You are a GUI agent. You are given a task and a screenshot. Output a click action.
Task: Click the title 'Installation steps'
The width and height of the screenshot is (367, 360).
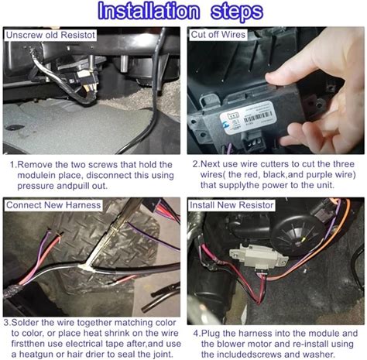coord(180,11)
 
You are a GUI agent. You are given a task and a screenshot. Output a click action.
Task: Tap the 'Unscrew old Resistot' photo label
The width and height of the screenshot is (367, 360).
coord(50,35)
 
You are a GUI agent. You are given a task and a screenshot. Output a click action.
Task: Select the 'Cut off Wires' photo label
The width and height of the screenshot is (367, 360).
coord(218,34)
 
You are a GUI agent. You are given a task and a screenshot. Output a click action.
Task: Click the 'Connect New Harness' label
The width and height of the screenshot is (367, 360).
coord(53,205)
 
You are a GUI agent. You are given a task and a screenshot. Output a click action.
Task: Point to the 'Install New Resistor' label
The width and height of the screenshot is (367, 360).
coord(232,205)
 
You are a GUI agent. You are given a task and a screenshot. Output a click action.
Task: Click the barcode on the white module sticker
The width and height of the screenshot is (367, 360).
coord(258,118)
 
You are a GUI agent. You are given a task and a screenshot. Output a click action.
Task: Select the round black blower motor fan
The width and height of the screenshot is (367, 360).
coord(296,235)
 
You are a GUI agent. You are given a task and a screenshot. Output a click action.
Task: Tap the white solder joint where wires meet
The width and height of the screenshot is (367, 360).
coord(86,266)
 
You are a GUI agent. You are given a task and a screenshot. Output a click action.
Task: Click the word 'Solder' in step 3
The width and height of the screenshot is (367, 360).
coord(25,323)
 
